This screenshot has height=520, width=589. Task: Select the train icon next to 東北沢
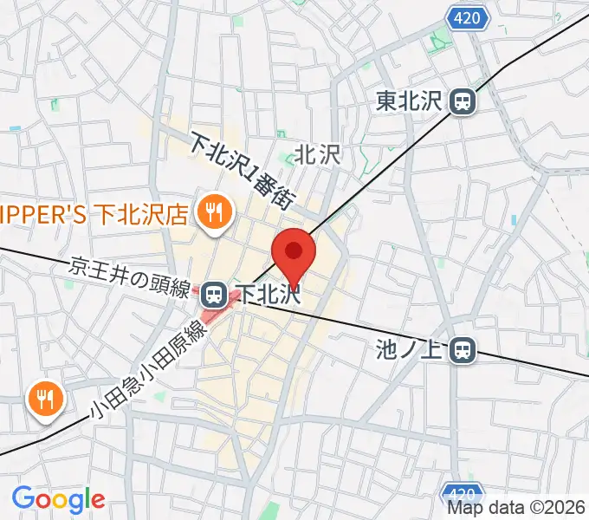463,102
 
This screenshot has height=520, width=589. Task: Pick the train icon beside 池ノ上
464,350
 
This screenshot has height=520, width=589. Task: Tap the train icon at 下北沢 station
212,295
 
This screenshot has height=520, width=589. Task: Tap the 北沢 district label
319,153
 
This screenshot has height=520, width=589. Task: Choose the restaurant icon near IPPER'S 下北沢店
211,211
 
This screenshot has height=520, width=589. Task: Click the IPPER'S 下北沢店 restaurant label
94,212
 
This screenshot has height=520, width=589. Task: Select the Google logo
58,499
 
